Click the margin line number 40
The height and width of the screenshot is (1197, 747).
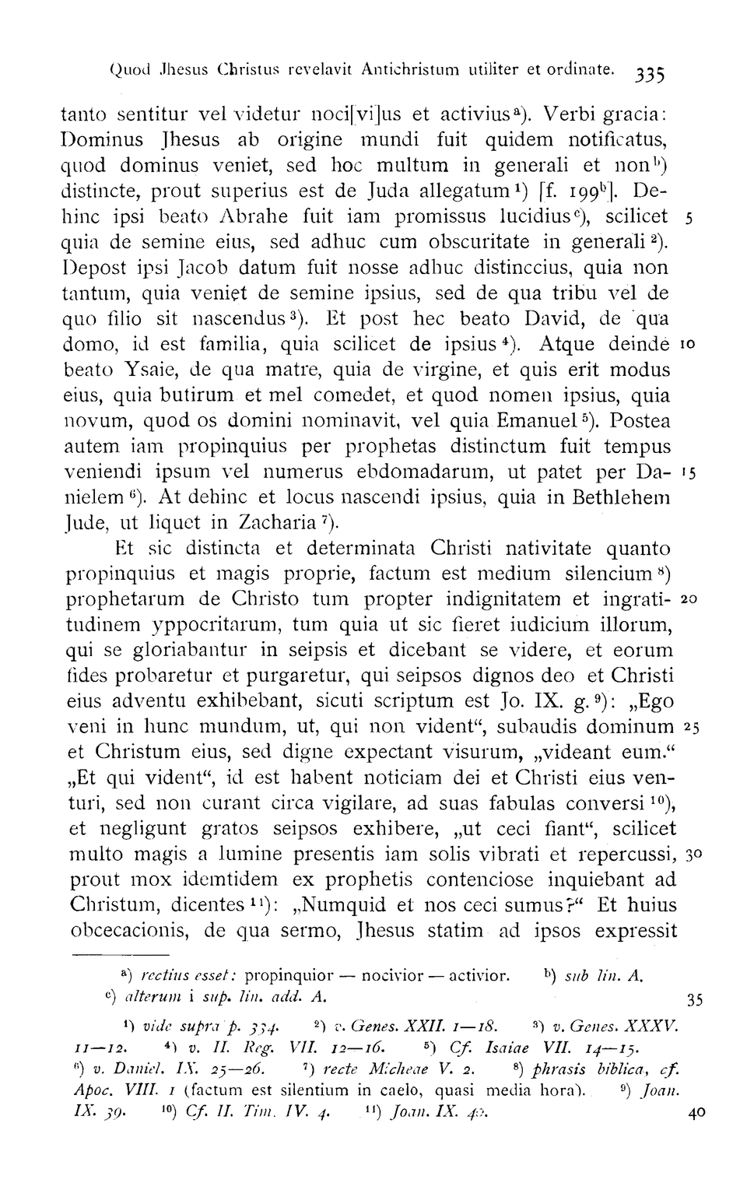point(697,1113)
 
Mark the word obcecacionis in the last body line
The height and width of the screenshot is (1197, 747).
point(131,931)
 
